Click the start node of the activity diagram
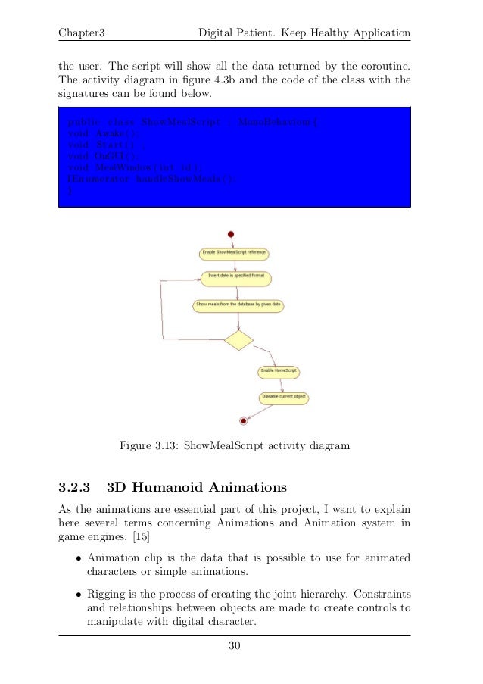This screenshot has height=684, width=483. coord(231,235)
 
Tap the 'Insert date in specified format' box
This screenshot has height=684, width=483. coord(235,277)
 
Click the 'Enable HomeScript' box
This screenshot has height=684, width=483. coord(279,372)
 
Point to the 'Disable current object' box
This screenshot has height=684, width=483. coord(285,396)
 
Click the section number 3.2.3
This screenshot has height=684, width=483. coord(75,486)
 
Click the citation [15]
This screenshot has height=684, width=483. coord(139,537)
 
